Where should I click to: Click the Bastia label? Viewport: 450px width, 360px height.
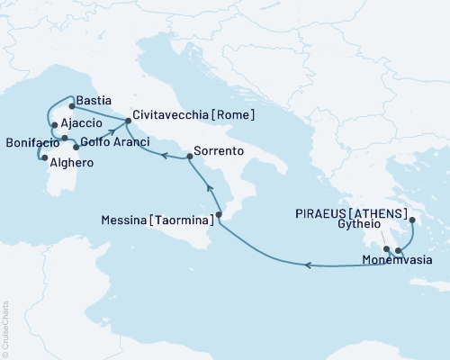(x=94, y=101)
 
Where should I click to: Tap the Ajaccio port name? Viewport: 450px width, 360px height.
(x=82, y=126)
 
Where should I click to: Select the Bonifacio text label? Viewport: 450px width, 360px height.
(x=31, y=141)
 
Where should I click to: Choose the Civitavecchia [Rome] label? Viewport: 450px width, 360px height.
(x=194, y=116)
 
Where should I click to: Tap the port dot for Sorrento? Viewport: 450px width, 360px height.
(x=189, y=157)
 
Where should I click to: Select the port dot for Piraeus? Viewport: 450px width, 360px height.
(x=411, y=220)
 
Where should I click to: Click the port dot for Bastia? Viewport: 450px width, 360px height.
(x=72, y=106)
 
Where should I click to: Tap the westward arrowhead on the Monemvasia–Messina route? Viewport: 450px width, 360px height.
(x=308, y=265)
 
